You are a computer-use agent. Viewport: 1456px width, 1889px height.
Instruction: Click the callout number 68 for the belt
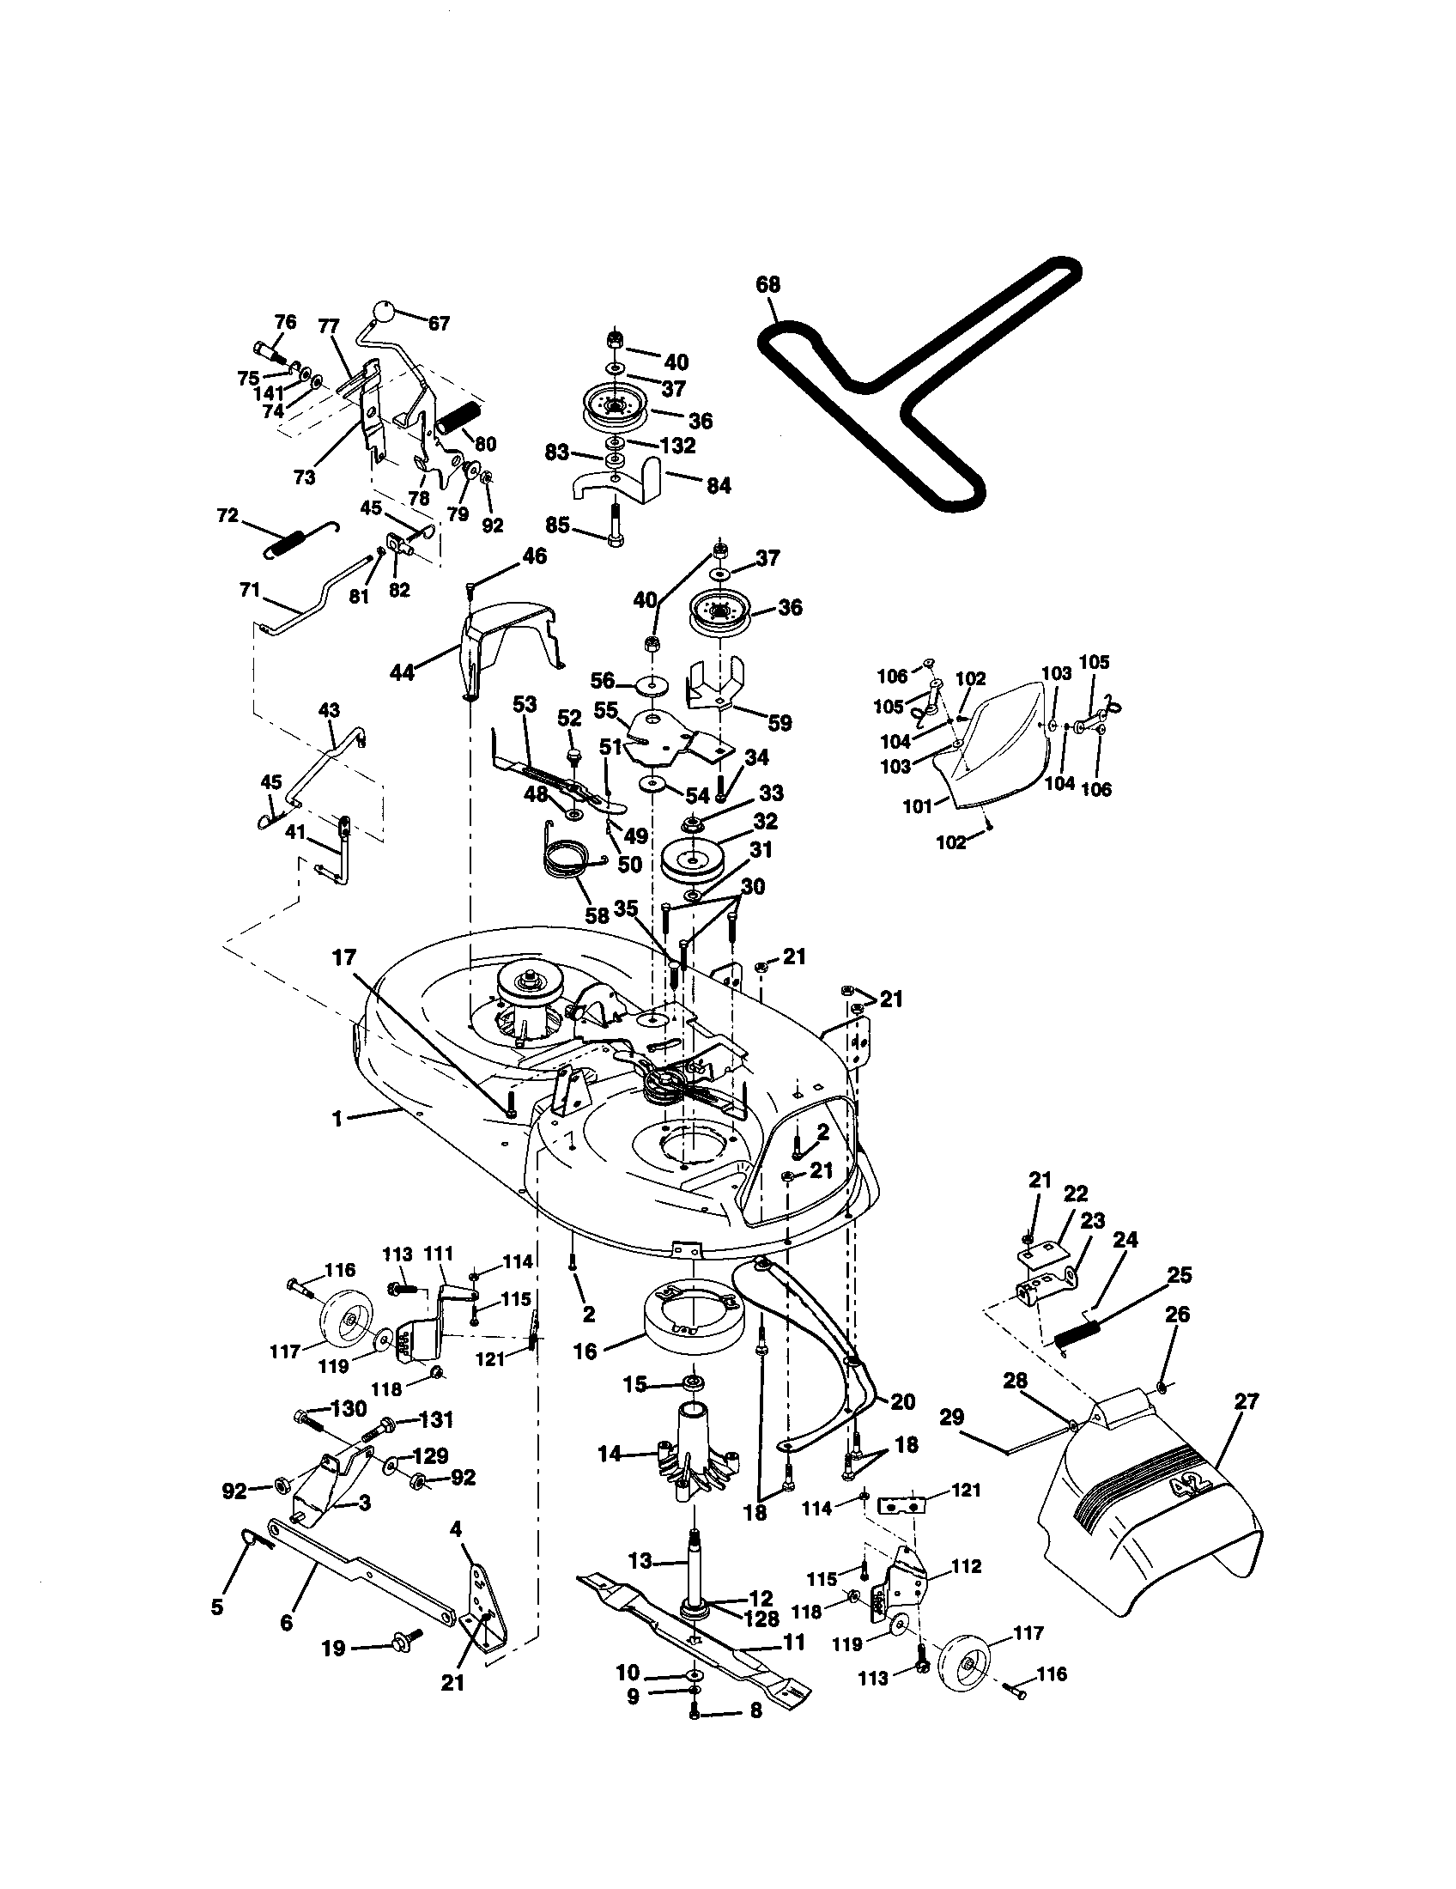(767, 284)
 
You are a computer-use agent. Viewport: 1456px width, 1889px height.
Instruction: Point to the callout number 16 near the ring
(585, 1351)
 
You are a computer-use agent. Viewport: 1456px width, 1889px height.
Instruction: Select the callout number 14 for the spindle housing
(610, 1455)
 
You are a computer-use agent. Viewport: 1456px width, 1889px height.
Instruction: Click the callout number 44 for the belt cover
(402, 671)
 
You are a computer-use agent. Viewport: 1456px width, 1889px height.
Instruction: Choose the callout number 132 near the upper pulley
(677, 446)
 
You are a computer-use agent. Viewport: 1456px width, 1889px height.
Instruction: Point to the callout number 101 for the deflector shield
(918, 806)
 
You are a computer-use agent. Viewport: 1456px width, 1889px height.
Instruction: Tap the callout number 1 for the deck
(337, 1119)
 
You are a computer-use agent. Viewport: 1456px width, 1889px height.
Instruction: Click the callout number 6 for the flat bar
(287, 1623)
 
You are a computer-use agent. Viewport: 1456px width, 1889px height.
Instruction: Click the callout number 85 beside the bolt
(558, 525)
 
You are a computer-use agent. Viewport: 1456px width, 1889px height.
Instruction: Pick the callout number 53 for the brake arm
(524, 704)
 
